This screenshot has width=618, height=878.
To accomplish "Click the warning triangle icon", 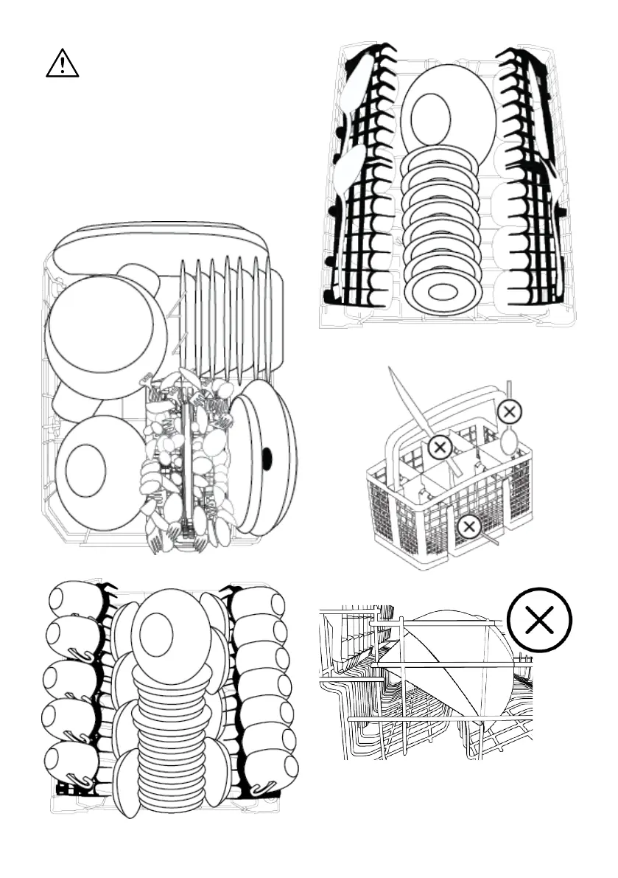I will (63, 64).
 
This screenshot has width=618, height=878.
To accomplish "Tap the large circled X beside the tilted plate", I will (540, 621).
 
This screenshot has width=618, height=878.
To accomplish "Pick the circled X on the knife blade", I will (440, 446).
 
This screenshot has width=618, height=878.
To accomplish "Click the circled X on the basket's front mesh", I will (468, 526).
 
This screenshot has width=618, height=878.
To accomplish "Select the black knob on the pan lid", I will (267, 459).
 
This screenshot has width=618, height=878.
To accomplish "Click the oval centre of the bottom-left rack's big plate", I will (156, 635).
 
